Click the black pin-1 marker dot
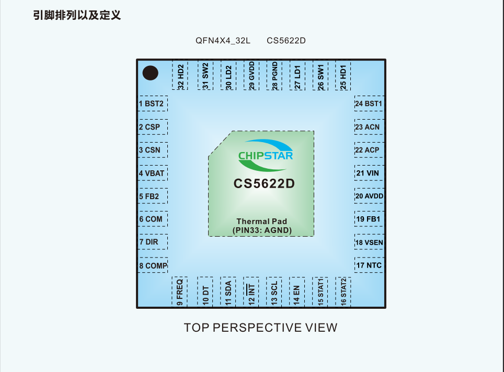[x=150, y=73]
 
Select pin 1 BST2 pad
[x=153, y=103]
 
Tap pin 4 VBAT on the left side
[x=153, y=173]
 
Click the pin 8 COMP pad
[x=153, y=265]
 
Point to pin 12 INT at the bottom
[x=251, y=292]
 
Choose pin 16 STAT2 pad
[x=343, y=292]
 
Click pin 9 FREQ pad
[x=179, y=292]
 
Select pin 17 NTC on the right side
[x=369, y=265]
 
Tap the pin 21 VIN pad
[x=369, y=173]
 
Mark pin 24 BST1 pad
[x=369, y=103]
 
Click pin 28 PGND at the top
[x=274, y=75]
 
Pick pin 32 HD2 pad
[x=180, y=75]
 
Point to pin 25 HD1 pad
[x=343, y=75]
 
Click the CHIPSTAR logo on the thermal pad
[x=266, y=155]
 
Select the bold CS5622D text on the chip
[x=264, y=183]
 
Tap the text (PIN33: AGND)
[x=262, y=230]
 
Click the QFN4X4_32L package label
[x=223, y=41]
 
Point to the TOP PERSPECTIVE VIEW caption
[x=260, y=328]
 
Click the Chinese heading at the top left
[x=77, y=15]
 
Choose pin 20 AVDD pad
[x=369, y=196]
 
